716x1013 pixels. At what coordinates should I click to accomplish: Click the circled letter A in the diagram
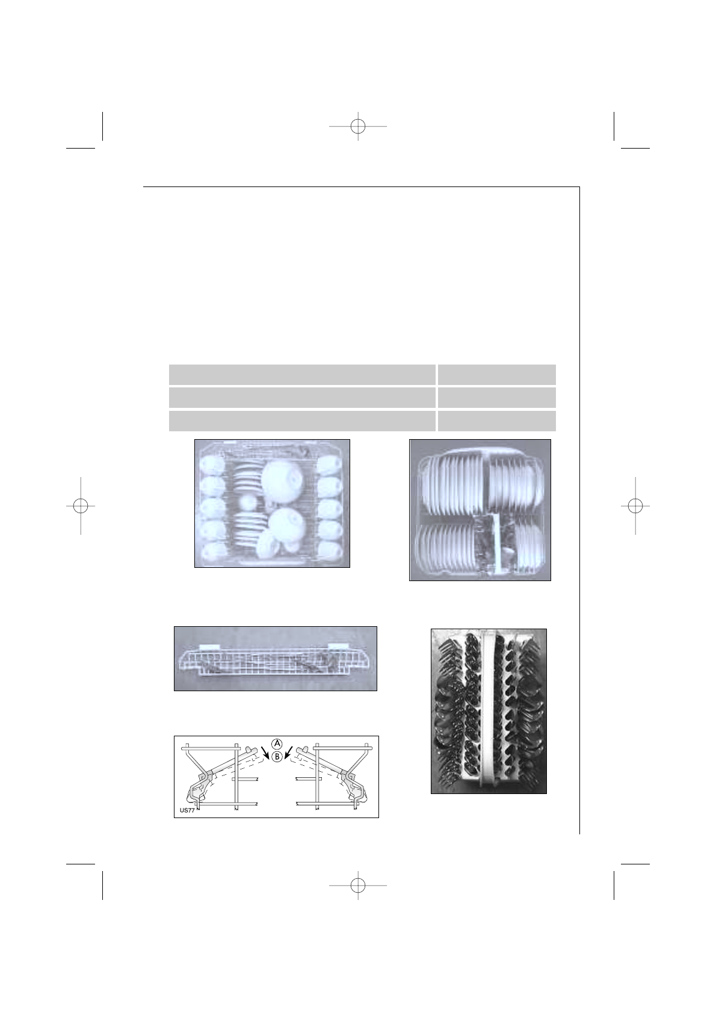pos(276,743)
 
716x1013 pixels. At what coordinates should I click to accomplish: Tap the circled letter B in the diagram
pos(276,757)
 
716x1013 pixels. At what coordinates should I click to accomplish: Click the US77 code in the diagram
pos(189,810)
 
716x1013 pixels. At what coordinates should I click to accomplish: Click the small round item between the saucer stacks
pos(247,500)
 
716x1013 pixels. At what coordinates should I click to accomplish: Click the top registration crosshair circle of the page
pos(358,126)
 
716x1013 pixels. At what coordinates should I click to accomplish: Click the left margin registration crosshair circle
pos(80,505)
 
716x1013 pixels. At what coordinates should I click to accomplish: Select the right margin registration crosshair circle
pos(635,505)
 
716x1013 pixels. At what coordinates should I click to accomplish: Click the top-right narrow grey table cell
pos(496,374)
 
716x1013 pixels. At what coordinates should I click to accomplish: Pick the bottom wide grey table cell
pos(301,421)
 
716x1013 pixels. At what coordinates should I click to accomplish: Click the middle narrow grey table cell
pos(496,398)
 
